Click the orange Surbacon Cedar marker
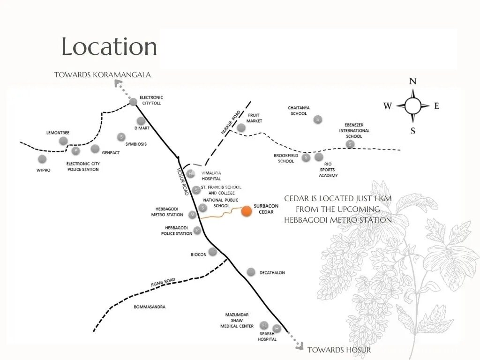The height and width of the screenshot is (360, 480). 247,211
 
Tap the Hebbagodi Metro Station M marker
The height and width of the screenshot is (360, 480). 192,215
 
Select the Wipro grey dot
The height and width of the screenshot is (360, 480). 42,159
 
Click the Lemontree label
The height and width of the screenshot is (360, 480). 58,133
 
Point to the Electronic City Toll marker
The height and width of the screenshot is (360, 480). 133,102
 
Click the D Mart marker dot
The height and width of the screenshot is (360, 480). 141,120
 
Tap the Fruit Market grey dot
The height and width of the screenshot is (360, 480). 241,127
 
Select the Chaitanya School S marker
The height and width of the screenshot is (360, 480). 318,120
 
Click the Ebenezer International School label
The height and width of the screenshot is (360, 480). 354,130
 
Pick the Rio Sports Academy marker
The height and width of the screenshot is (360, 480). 319,157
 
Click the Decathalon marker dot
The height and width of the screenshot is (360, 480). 251,272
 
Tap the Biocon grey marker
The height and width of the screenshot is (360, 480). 212,252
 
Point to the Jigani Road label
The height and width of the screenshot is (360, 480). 163,282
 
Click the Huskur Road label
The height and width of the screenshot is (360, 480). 231,122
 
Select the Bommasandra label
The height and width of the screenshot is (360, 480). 150,307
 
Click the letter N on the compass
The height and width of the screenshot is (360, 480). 412,81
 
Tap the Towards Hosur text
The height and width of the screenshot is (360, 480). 339,350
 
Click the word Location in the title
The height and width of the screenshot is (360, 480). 109,46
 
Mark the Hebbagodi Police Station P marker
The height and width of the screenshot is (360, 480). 197,230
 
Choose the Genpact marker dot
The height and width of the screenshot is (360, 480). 95,149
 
